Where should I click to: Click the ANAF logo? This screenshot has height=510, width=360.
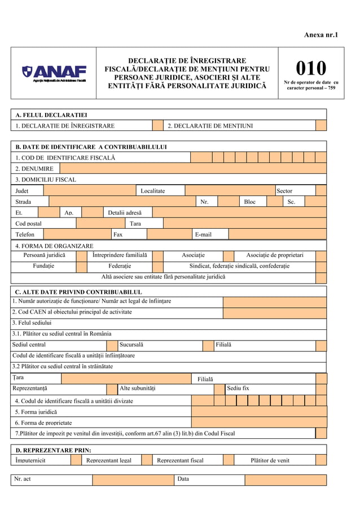coord(54,73)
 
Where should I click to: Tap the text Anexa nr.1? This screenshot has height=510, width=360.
coord(321,35)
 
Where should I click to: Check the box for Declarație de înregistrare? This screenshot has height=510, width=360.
coord(157,125)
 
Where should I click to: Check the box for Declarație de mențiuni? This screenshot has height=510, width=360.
coord(321,125)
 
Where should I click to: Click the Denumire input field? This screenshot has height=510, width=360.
coord(192,168)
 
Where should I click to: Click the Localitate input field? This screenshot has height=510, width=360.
coord(229,191)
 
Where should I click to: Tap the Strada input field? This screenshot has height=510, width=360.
coord(122,202)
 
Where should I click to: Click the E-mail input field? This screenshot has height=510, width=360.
coord(277,234)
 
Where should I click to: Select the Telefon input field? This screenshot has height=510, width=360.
coord(77,234)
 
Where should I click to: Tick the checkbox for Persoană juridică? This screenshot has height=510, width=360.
coord(82,255)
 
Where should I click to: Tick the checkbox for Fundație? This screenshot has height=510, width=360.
coord(82,266)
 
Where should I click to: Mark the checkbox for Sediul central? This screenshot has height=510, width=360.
coord(112,345)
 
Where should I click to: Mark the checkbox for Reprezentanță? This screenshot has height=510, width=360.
coord(112,389)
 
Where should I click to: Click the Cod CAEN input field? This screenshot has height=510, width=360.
coord(274,312)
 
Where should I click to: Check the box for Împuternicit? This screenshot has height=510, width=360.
coord(76,460)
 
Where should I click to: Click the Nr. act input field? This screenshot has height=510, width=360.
coord(133,480)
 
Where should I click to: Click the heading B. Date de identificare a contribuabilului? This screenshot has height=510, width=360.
coord(91,147)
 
